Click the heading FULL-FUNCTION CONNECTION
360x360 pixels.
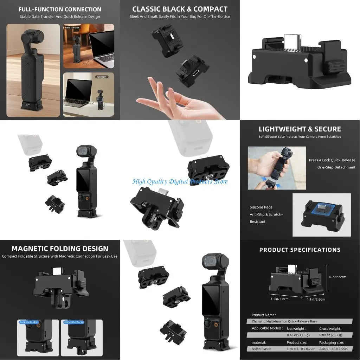[60, 9]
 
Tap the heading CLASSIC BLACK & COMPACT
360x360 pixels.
[180, 9]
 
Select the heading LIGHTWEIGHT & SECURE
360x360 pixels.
[300, 129]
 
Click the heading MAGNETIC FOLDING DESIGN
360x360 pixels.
[60, 249]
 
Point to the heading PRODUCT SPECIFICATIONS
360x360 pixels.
[300, 250]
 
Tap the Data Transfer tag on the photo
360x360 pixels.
[72, 27]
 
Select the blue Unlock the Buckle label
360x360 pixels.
[74, 322]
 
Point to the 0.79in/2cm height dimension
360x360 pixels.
[337, 277]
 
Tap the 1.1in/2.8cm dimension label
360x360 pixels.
[316, 299]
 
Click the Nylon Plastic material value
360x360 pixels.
[262, 349]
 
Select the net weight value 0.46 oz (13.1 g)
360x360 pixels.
[299, 335]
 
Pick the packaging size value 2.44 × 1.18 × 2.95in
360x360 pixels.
[333, 349]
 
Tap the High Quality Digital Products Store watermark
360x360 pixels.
[180, 181]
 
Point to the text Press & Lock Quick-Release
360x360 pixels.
[332, 160]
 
